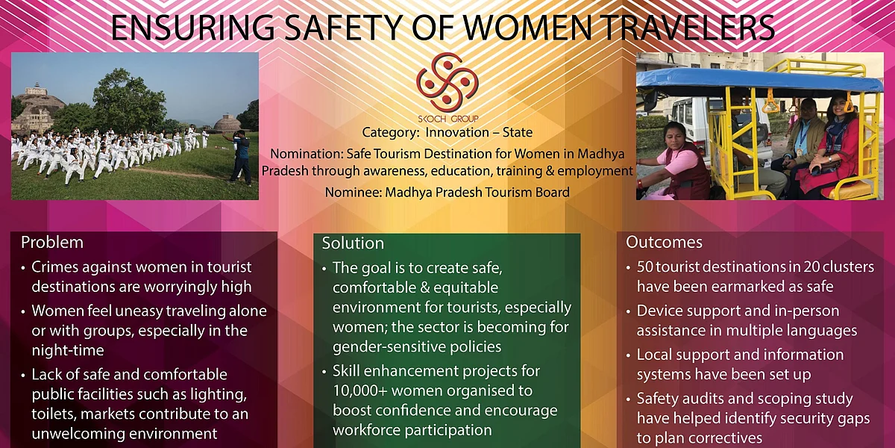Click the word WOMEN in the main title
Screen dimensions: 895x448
[528, 28]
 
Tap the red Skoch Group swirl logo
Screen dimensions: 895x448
[447, 82]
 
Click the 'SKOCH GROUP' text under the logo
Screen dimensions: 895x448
[448, 119]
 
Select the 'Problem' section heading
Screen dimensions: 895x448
[52, 243]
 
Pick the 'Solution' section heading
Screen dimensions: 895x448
[353, 243]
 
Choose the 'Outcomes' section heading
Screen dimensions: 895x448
[664, 242]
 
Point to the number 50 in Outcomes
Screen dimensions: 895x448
[644, 267]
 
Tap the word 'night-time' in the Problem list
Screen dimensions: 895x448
[68, 350]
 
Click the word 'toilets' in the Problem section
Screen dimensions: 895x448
[54, 414]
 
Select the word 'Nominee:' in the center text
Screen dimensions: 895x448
[354, 193]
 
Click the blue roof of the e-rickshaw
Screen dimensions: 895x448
[759, 80]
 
